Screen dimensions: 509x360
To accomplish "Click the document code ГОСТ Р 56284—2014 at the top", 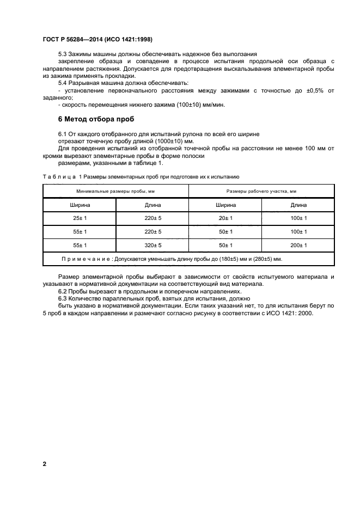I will pos(75,39).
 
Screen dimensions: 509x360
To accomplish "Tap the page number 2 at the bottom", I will pos(44,464).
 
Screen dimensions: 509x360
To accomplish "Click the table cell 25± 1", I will pos(80,218).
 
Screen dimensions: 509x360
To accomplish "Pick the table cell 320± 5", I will pos(152,246).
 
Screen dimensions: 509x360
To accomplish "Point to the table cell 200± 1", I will pos(298,246).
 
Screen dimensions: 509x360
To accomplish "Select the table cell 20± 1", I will pos(225,218).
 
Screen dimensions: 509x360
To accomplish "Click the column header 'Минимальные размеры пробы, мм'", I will pos(115,191).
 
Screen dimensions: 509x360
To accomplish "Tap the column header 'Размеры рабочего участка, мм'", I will pos(261,191).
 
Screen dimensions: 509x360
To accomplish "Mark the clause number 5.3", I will pos(64,55).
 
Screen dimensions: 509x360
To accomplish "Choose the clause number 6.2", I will pos(64,291).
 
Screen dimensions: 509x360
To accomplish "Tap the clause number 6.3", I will pos(64,298).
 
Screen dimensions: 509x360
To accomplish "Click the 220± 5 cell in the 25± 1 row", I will pos(152,218).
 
